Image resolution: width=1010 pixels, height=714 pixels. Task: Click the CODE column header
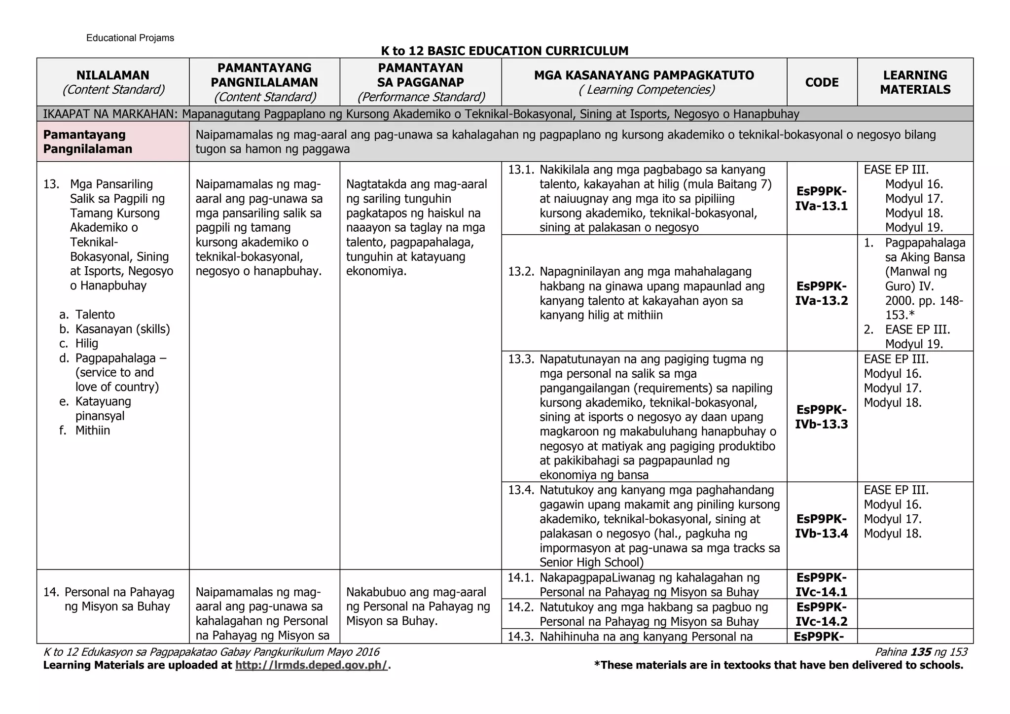tap(822, 82)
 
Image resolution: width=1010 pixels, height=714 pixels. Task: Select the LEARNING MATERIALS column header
tap(915, 82)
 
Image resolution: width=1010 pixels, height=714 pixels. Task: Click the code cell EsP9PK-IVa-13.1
tap(822, 199)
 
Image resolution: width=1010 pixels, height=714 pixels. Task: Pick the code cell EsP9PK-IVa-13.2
tap(822, 293)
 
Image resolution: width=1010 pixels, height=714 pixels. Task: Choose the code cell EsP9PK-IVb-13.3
tap(822, 417)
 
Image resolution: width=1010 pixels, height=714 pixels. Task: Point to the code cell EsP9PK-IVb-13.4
tap(822, 526)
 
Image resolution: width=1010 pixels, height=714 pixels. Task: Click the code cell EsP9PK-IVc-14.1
tap(822, 584)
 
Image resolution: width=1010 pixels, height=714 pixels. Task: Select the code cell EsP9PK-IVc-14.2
tap(822, 614)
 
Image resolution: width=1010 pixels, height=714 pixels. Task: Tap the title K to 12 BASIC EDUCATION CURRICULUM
tap(505, 51)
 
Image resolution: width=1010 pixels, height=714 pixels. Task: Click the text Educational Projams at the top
tap(130, 38)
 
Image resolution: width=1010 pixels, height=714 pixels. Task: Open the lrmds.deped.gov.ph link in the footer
tap(312, 665)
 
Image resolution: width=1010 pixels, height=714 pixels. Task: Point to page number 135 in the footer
tap(921, 652)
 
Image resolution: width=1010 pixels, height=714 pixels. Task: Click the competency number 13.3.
tap(520, 359)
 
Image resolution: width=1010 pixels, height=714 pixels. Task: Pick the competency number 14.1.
tap(520, 577)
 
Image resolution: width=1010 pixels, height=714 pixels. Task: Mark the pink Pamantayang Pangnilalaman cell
tap(113, 142)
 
